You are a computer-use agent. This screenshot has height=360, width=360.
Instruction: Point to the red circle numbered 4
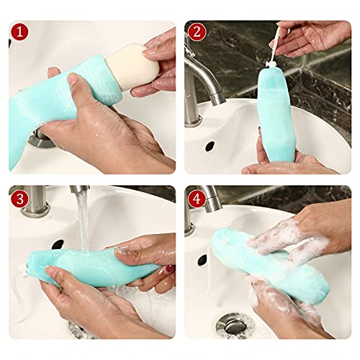tap(197, 197)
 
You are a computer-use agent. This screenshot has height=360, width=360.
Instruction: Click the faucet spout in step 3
tap(79, 192)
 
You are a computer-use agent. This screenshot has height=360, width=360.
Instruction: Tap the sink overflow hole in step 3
tap(58, 244)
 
